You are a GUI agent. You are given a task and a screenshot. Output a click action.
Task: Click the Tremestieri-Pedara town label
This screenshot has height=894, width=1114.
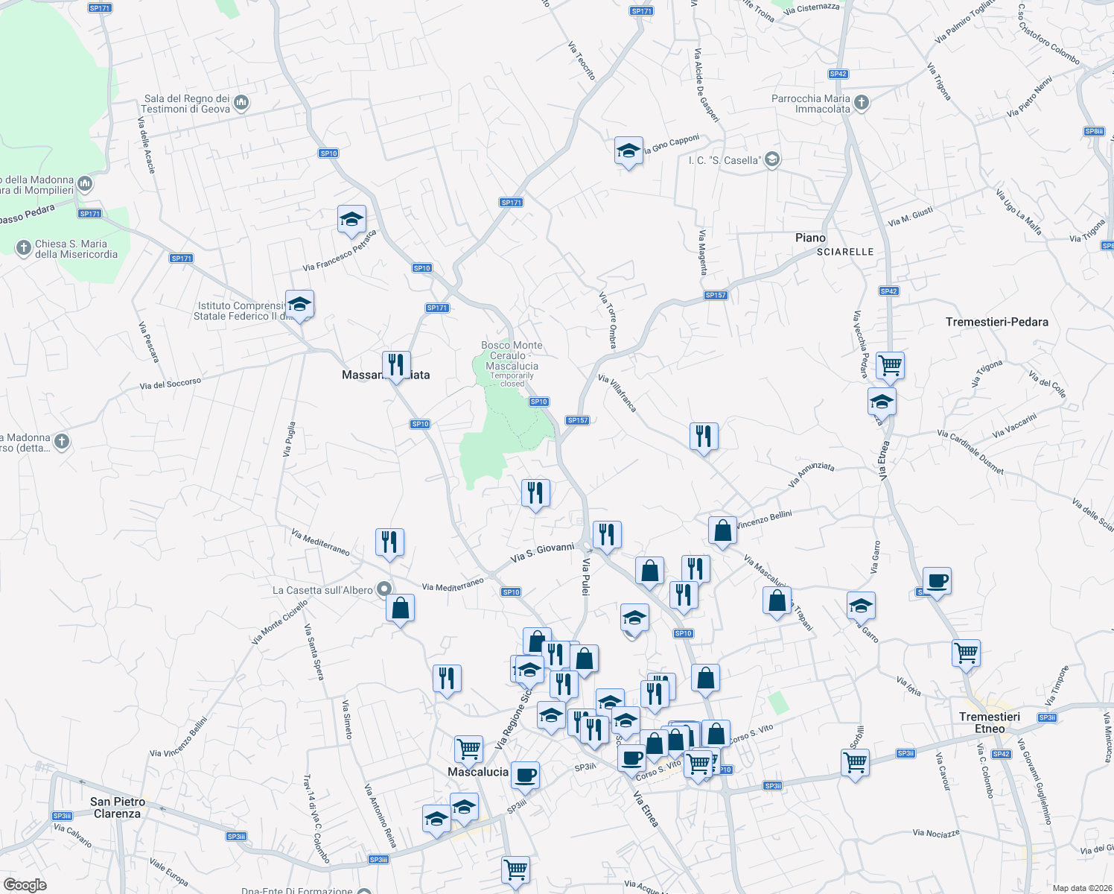(996, 322)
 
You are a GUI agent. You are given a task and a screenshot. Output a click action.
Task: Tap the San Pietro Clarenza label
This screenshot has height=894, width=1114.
(118, 808)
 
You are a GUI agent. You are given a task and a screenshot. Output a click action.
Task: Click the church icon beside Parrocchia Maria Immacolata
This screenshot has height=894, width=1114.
(862, 103)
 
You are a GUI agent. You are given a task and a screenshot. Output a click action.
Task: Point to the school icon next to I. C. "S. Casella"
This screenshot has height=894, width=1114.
(772, 159)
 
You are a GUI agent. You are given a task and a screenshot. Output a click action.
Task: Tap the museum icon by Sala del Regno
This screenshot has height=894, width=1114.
(241, 103)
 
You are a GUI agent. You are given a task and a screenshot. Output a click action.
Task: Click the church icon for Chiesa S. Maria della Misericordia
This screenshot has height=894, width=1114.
(24, 247)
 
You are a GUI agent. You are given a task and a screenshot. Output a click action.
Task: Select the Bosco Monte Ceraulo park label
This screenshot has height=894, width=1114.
(512, 356)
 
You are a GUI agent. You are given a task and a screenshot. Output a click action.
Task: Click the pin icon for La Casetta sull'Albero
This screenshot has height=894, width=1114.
(384, 590)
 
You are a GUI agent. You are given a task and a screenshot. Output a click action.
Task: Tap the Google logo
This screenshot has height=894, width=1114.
(25, 884)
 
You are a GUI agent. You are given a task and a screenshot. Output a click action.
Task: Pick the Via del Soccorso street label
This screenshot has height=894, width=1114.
(171, 384)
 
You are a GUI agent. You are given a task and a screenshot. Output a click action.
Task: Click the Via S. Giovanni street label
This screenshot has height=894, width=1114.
(542, 552)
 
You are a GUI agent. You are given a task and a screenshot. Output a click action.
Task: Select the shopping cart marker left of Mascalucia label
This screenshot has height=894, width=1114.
(468, 748)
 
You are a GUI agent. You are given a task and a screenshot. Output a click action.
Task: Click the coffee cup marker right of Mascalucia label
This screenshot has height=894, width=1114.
(524, 773)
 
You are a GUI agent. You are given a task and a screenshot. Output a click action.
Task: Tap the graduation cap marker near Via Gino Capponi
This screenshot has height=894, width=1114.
(628, 150)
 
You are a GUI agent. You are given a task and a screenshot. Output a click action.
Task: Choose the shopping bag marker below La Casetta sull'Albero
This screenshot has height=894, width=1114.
(400, 608)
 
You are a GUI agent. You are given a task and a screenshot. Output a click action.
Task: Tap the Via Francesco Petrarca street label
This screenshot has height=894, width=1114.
(340, 251)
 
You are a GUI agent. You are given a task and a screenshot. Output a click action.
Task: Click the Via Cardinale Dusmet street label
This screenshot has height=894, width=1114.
(970, 452)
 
